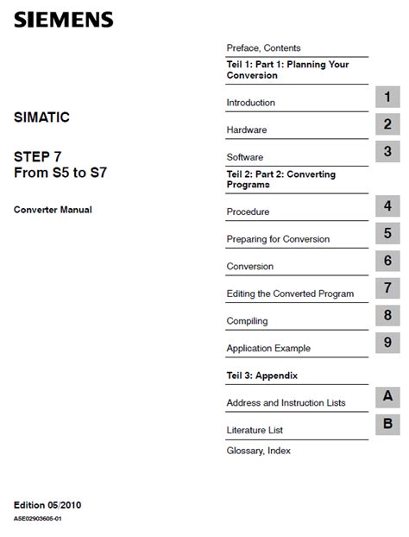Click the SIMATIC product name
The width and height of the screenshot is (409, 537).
(x=41, y=117)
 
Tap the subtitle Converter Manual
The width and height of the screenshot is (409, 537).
(x=53, y=209)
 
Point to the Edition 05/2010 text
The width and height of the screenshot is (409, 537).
(x=47, y=504)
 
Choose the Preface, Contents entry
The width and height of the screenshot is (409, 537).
(x=263, y=48)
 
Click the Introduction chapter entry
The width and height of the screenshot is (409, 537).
(x=250, y=103)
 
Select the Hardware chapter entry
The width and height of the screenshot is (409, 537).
(x=246, y=130)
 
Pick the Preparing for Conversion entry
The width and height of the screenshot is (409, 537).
(x=278, y=239)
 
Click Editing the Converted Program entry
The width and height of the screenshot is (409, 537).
(x=290, y=294)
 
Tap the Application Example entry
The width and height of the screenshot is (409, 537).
(x=268, y=348)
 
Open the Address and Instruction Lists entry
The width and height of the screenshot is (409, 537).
(x=285, y=403)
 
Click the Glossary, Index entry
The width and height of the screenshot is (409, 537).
(x=258, y=451)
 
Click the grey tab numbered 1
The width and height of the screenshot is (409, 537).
(x=387, y=97)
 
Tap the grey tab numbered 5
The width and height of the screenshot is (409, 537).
(x=387, y=233)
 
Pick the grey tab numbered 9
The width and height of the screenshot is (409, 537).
(x=387, y=343)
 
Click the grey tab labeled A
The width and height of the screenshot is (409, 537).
(x=387, y=397)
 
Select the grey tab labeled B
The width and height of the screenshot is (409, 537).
(x=387, y=424)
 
